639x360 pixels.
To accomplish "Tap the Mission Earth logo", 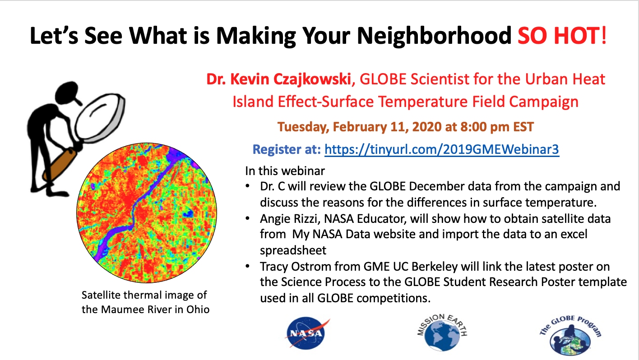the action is (x=442, y=332).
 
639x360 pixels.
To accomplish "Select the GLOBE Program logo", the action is (x=570, y=336).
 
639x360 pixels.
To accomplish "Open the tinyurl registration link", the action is (x=442, y=149).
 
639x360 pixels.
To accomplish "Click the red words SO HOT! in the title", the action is (x=562, y=36).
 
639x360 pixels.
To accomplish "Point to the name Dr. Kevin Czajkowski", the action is (x=278, y=79).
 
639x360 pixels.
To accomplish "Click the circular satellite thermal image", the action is (x=147, y=213).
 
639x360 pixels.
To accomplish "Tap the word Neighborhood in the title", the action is (x=434, y=36).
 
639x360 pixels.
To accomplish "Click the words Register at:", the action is (x=287, y=149).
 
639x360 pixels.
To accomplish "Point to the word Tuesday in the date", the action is (x=303, y=127).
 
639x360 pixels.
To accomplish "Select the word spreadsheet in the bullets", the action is (x=293, y=250).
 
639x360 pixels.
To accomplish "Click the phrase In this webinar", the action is (x=285, y=171).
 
